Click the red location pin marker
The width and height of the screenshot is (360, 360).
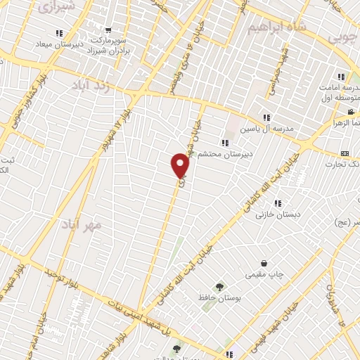coord(180,165)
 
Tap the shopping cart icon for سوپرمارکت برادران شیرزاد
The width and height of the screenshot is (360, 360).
coord(108,30)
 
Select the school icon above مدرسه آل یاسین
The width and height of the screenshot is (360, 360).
coord(266,117)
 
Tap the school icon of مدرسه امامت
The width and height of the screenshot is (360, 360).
coord(341,77)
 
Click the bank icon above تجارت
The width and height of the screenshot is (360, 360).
coord(345,153)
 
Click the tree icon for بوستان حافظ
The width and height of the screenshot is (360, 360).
coord(220,287)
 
